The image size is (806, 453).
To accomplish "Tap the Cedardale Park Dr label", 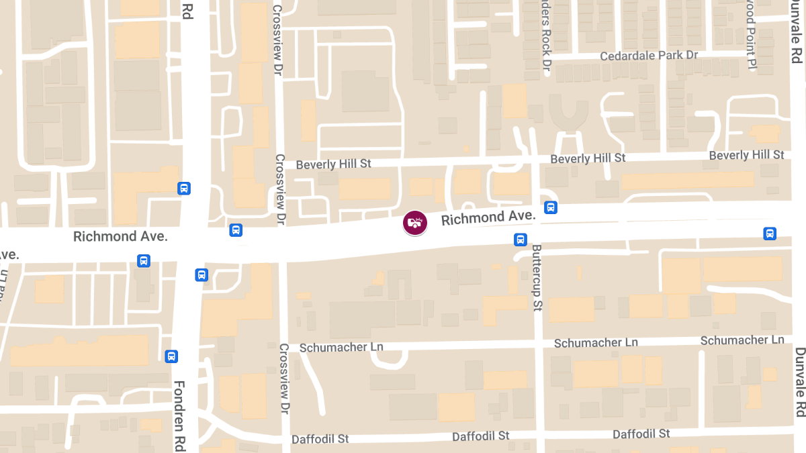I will point(649,55).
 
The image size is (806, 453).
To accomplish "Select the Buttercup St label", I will point(537,277).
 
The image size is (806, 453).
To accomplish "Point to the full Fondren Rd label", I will point(179,415).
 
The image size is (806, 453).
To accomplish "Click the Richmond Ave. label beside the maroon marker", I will point(488,217).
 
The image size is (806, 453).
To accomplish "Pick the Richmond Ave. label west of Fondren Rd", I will point(120,236).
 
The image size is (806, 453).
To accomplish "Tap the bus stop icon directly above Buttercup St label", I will point(521,240).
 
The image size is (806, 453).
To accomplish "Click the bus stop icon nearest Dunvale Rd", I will point(770,234).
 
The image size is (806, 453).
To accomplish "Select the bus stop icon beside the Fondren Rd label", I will point(172,356).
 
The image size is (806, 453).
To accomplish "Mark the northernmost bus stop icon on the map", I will point(184,189).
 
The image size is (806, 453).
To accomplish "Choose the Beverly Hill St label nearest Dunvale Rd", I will point(746,155).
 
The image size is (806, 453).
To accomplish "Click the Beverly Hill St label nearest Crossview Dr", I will point(333,164).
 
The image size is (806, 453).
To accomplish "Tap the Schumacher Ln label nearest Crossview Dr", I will point(341,347).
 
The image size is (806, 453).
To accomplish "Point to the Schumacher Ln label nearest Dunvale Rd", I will point(742,340).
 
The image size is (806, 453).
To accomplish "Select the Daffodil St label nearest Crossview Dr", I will point(320,439).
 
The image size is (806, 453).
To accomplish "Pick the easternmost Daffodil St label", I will point(641,434).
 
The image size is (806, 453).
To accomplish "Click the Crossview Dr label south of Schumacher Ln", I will point(284,389).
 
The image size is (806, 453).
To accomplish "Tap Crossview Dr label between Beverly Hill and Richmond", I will point(280,191).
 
